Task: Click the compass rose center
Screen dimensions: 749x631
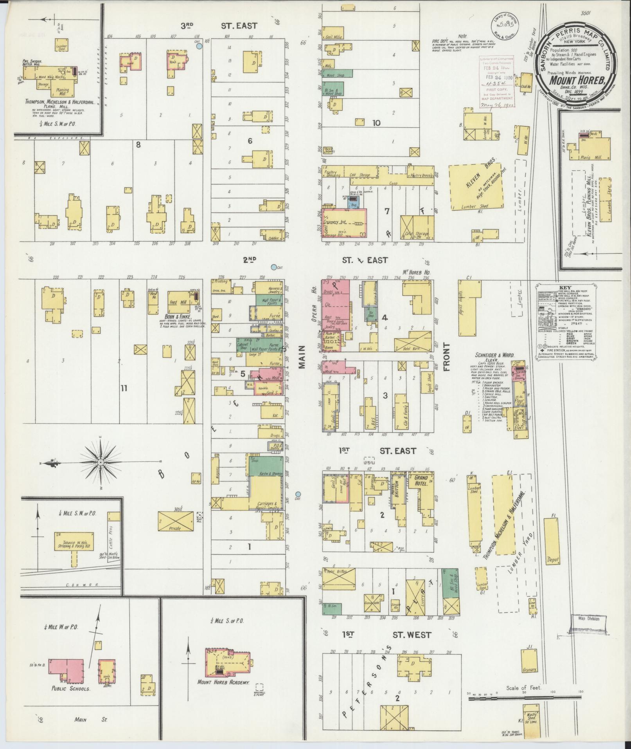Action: point(101,462)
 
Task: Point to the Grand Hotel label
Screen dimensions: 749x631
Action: point(421,480)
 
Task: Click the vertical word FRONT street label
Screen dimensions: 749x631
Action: point(446,357)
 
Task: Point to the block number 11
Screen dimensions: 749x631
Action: point(124,388)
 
